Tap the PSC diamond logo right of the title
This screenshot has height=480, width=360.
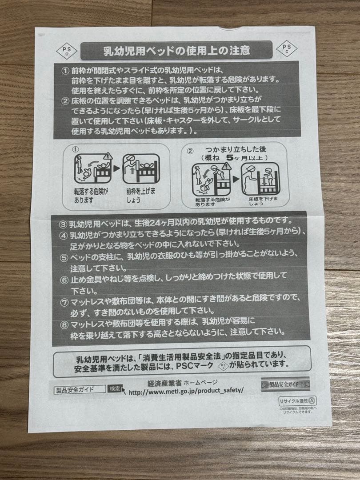point(287,48)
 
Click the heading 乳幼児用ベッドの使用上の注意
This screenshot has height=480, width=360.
point(176,50)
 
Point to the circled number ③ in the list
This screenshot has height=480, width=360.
point(64,221)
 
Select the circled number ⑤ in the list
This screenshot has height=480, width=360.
point(64,258)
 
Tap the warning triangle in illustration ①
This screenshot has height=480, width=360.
point(107,156)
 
